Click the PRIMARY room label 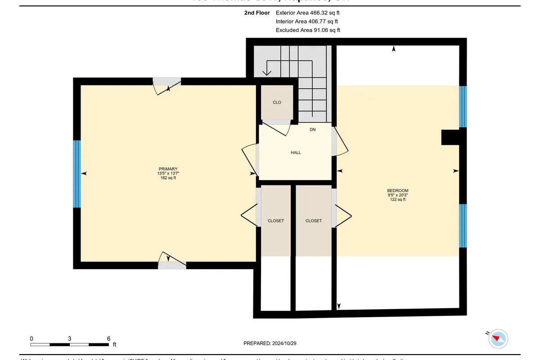coord(167,169)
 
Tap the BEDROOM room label coord(398,190)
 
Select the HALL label coord(296,153)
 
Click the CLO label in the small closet coord(277,102)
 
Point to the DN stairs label coord(313,130)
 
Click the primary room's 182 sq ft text coord(167,178)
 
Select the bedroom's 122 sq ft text coord(398,199)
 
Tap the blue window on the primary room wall coord(76,174)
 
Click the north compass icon coord(498,338)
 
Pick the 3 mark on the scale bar coord(70,338)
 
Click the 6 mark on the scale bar coord(108,338)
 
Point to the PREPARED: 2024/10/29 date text coord(270,343)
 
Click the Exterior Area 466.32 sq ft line coord(308,13)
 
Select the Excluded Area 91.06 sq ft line coord(308,30)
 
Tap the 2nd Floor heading coord(257,13)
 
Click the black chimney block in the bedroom coord(450,137)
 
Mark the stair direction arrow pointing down coord(267,71)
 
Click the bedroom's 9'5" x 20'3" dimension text coord(398,195)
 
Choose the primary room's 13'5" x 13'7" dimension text coord(167,173)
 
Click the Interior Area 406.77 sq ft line coord(307,22)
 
